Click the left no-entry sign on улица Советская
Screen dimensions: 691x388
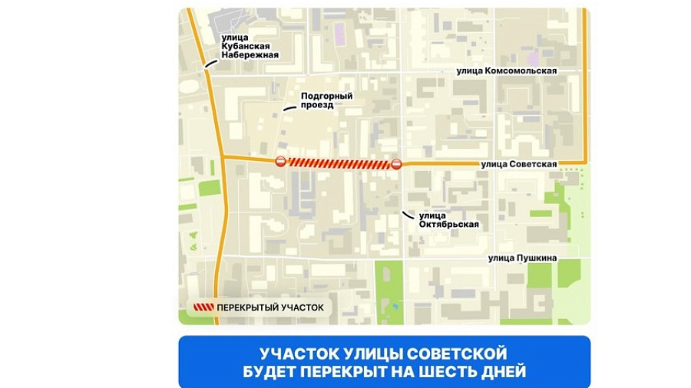(281, 162)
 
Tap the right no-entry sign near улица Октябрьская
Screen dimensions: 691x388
(396, 163)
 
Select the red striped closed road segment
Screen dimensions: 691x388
(338, 163)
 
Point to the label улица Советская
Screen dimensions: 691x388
(518, 163)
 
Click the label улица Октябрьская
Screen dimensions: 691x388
(449, 219)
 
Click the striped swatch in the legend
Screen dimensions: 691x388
(200, 307)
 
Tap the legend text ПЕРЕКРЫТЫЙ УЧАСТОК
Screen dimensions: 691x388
(270, 307)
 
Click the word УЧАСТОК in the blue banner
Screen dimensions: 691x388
(293, 354)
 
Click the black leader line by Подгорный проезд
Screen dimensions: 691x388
(289, 109)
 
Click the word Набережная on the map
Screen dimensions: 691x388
(249, 55)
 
